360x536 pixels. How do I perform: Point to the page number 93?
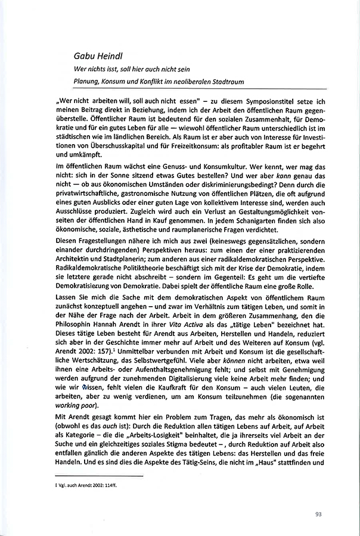point(319,515)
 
